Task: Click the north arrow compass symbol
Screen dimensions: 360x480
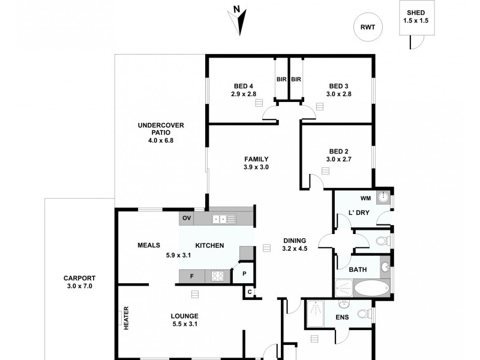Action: [x=239, y=20]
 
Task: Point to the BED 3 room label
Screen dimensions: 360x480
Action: [x=338, y=86]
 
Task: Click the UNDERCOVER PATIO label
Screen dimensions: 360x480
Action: [x=160, y=125]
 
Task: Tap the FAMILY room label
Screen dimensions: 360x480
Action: [x=256, y=159]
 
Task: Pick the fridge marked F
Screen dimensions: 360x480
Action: [x=191, y=276]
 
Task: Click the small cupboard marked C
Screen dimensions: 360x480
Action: [x=249, y=292]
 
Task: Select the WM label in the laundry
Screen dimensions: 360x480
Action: [x=365, y=198]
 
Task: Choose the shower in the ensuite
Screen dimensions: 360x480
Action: [x=316, y=314]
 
